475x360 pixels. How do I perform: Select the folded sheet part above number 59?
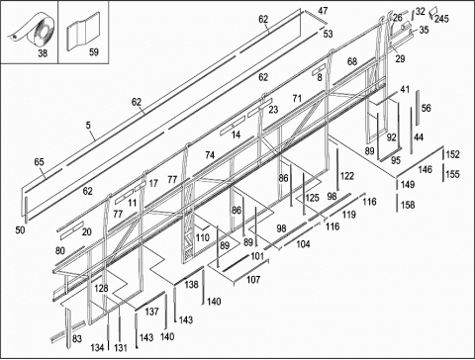[x=83, y=32]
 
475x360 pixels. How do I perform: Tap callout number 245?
[x=441, y=19]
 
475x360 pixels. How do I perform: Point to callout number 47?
[x=323, y=11]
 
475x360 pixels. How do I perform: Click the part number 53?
[x=328, y=34]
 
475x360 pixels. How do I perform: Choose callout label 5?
[x=88, y=126]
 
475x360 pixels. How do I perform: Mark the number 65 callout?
[x=39, y=162]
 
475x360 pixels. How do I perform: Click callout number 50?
[x=20, y=229]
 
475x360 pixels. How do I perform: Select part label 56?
[x=427, y=108]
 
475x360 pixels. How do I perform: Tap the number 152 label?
[x=452, y=154]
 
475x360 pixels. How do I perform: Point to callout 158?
[x=408, y=205]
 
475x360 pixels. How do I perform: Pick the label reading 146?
[x=426, y=169]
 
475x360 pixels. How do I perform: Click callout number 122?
[x=347, y=176]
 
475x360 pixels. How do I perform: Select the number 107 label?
[x=253, y=280]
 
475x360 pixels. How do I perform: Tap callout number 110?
[x=203, y=237]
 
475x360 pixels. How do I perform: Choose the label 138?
[x=191, y=284]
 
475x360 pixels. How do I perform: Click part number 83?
[x=77, y=339]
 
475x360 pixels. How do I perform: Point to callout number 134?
[x=97, y=347]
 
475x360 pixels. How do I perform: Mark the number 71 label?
[x=297, y=98]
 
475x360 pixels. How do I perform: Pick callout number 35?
[x=424, y=30]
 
